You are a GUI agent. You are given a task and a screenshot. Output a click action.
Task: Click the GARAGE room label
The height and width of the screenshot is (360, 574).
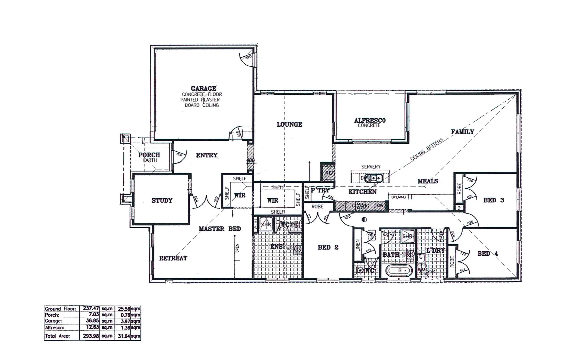[203, 88]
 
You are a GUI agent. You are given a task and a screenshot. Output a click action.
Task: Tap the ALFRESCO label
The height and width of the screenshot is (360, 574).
[370, 120]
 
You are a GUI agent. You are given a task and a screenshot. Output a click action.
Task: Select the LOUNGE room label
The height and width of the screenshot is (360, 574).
[289, 124]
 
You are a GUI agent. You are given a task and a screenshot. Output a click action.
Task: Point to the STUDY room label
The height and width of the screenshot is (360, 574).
[162, 200]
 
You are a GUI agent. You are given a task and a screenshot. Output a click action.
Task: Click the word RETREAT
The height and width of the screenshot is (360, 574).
[173, 258]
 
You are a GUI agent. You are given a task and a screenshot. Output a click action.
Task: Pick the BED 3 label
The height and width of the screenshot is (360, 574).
[494, 200]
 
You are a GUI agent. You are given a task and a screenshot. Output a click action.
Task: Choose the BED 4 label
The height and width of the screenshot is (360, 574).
[488, 253]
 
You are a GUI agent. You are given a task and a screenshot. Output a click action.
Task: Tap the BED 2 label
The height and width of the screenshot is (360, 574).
[328, 247]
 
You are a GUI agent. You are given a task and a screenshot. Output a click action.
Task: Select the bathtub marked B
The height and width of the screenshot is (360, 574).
[400, 270]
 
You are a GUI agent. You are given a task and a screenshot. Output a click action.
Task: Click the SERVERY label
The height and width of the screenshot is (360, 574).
[371, 167]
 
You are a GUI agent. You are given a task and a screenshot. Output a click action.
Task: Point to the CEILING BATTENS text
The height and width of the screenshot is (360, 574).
[427, 150]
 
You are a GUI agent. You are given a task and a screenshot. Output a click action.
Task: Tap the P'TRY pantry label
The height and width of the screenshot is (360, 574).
[320, 190]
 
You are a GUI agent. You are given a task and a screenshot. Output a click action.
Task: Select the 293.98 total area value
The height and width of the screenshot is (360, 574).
[91, 336]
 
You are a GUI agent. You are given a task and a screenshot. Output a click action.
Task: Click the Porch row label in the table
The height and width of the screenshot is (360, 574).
[52, 315]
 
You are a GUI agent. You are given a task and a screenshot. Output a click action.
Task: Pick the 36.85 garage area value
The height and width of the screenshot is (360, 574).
[93, 321]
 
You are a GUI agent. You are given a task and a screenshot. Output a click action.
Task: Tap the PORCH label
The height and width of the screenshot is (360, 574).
[149, 155]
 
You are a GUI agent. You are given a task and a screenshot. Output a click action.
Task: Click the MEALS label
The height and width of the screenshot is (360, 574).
[428, 181]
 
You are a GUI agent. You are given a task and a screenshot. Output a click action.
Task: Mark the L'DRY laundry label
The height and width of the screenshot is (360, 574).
[435, 251]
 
